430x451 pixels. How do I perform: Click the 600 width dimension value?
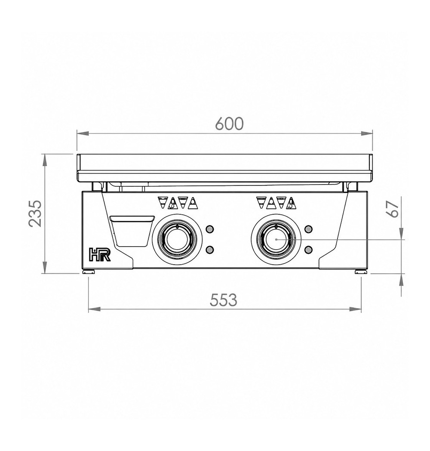(x=229, y=124)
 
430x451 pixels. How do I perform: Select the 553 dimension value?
(x=223, y=300)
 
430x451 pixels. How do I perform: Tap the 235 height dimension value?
(x=36, y=213)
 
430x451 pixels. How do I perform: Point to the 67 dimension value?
(x=393, y=209)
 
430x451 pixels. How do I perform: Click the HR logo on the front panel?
(x=99, y=254)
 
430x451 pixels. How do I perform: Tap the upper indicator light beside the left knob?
(x=210, y=229)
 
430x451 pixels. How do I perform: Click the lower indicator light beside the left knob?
(x=210, y=250)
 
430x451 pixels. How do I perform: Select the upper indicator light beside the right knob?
(x=309, y=229)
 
